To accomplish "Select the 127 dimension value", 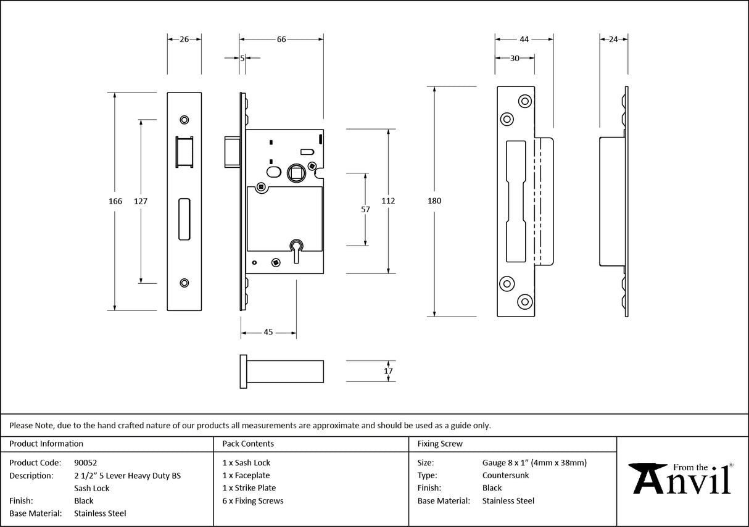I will (141, 201).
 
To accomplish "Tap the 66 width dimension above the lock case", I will (281, 39).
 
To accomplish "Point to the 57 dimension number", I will (365, 210).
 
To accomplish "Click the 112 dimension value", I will (388, 201).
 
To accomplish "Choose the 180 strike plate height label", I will (434, 201).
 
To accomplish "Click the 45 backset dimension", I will (268, 333).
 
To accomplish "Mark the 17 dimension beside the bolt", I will (388, 371).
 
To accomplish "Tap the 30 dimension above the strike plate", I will (514, 58).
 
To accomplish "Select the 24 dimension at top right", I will (613, 39).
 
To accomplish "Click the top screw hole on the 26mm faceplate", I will (184, 119).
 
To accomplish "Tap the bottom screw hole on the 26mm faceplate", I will (184, 283).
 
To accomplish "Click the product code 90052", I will (85, 462).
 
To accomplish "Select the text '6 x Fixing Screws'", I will (253, 501).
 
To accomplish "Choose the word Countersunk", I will (505, 475).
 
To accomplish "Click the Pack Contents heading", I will (248, 444).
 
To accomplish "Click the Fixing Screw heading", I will (440, 444).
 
